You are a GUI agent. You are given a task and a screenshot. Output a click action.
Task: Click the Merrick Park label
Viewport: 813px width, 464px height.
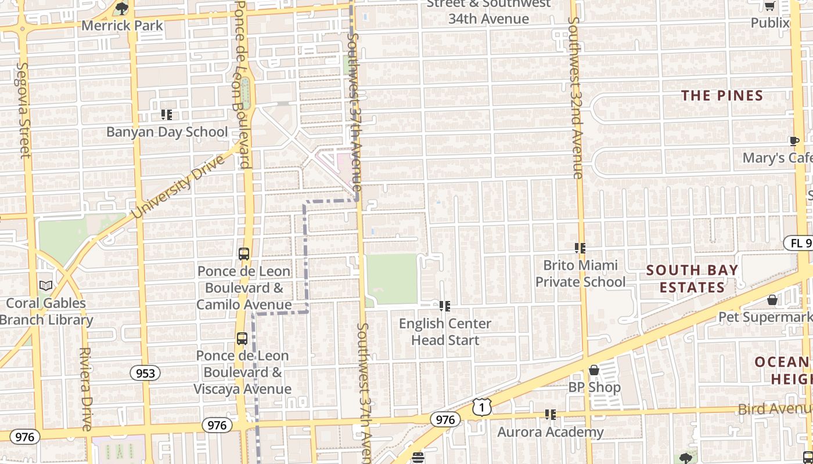click(123, 26)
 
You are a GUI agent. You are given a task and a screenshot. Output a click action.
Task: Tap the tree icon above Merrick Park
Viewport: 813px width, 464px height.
click(121, 8)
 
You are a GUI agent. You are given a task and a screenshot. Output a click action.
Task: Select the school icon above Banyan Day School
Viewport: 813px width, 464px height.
click(167, 115)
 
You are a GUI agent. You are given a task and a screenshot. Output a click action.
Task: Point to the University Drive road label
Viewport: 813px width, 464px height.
click(178, 187)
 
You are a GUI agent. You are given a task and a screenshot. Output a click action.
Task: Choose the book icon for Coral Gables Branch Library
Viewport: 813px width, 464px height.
click(45, 285)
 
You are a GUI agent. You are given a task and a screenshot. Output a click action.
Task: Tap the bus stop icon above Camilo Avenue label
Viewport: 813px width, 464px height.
click(244, 254)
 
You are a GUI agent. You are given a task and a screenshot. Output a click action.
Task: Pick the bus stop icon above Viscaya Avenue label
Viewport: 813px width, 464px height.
click(242, 339)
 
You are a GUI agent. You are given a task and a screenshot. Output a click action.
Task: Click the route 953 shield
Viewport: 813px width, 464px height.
click(145, 372)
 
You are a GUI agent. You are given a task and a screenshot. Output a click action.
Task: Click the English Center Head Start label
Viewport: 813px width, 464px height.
click(445, 332)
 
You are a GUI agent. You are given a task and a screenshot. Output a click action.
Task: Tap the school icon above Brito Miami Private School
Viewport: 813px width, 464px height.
click(580, 248)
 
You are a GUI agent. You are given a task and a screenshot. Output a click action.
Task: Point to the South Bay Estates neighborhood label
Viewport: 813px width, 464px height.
click(692, 278)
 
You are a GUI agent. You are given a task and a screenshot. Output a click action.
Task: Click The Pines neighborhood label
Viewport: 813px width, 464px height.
click(722, 96)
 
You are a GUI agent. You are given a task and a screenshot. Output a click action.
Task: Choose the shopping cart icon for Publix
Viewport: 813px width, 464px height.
click(769, 6)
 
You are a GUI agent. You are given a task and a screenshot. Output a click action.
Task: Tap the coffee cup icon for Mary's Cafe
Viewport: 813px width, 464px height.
click(794, 141)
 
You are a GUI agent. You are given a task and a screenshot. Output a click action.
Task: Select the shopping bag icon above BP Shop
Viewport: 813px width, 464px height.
click(594, 370)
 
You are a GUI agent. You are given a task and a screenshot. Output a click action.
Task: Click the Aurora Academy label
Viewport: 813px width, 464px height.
click(551, 432)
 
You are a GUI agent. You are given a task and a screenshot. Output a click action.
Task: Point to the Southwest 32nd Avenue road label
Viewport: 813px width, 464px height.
click(575, 97)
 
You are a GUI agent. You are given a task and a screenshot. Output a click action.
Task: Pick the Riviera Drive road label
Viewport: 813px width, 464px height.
click(86, 389)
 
